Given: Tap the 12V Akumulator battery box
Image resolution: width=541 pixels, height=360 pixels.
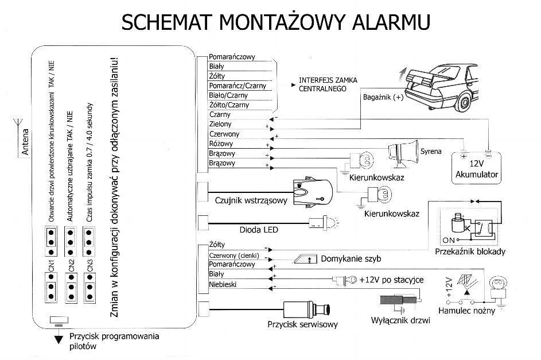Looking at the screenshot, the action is click(x=476, y=168).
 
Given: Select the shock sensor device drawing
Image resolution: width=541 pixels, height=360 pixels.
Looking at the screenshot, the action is click(x=313, y=193).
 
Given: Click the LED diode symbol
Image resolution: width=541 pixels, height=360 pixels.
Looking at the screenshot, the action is click(x=324, y=223).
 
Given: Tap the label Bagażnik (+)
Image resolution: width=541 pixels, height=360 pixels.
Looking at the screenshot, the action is click(x=383, y=98).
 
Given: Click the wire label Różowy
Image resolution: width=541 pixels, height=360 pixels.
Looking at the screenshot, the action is click(x=221, y=144).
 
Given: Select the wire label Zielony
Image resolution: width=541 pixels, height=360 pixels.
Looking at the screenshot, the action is click(x=220, y=124).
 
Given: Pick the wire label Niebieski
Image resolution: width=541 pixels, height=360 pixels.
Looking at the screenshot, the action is click(x=223, y=284).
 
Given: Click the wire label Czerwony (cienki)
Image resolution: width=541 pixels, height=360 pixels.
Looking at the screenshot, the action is click(x=234, y=256).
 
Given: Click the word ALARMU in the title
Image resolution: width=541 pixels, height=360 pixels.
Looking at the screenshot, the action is click(x=391, y=22).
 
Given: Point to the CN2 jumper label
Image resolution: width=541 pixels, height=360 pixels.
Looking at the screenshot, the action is click(x=71, y=265).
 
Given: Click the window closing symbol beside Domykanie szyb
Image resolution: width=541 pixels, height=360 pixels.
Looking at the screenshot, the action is click(x=305, y=259).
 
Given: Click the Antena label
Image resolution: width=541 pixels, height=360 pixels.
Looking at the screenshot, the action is click(x=25, y=142).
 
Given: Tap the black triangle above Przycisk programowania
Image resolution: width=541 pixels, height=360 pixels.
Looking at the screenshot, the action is click(x=59, y=339).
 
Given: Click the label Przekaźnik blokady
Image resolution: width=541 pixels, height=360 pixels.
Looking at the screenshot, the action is click(x=470, y=251).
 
